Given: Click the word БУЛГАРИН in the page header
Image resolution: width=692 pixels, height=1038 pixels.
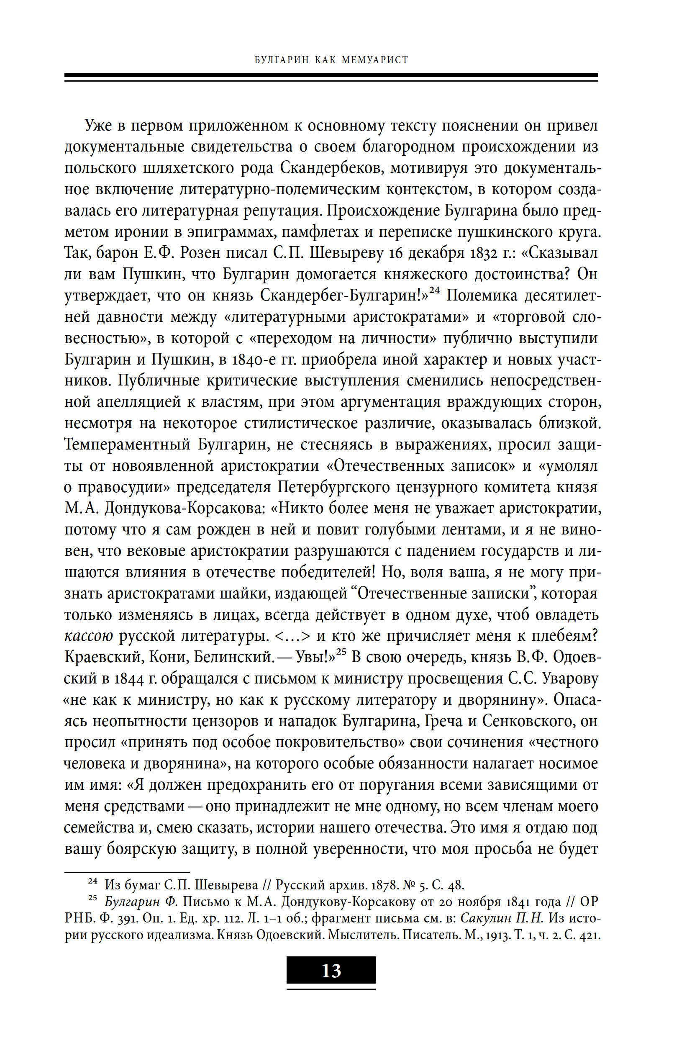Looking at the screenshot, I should [282, 59].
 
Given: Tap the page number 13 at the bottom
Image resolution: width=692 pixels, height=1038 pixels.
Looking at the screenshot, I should [331, 971].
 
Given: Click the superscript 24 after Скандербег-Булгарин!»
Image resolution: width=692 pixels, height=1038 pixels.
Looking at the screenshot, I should [435, 290].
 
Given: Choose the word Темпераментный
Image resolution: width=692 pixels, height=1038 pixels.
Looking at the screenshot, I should [128, 444].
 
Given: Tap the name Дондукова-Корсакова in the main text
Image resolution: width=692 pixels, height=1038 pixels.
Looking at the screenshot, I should [185, 508].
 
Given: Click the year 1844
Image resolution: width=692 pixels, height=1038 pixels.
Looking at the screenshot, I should [129, 678].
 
